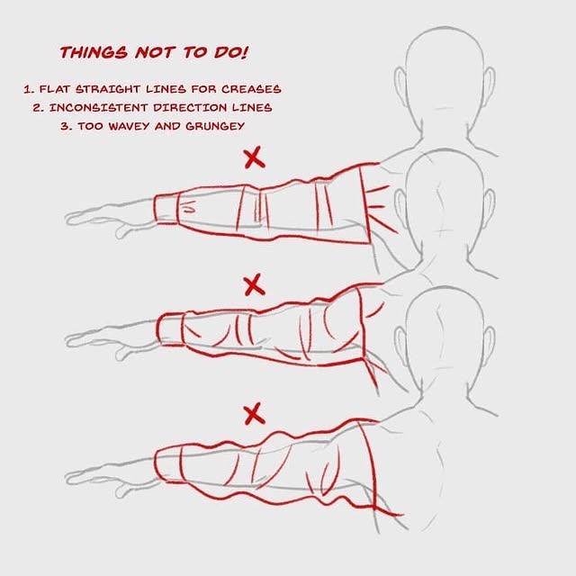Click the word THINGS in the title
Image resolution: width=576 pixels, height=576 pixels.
pyautogui.click(x=94, y=52)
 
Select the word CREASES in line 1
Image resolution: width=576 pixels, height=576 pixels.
pyautogui.click(x=251, y=89)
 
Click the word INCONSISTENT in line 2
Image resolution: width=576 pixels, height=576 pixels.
pyautogui.click(x=99, y=108)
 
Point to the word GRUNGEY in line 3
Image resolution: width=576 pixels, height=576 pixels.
pyautogui.click(x=215, y=126)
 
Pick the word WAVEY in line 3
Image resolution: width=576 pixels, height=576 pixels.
pyautogui.click(x=129, y=126)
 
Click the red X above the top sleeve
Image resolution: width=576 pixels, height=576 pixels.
pyautogui.click(x=254, y=157)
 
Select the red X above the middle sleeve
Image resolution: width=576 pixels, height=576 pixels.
pyautogui.click(x=254, y=284)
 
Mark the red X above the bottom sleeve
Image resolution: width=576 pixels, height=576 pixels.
pyautogui.click(x=254, y=414)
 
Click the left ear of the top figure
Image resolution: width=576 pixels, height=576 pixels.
pyautogui.click(x=400, y=82)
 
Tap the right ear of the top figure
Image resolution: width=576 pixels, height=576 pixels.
pyautogui.click(x=489, y=82)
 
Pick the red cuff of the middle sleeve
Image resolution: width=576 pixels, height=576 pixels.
pyautogui.click(x=170, y=329)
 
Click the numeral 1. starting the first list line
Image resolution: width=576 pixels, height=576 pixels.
pyautogui.click(x=28, y=89)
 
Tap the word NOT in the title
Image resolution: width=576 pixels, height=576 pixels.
pyautogui.click(x=154, y=52)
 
